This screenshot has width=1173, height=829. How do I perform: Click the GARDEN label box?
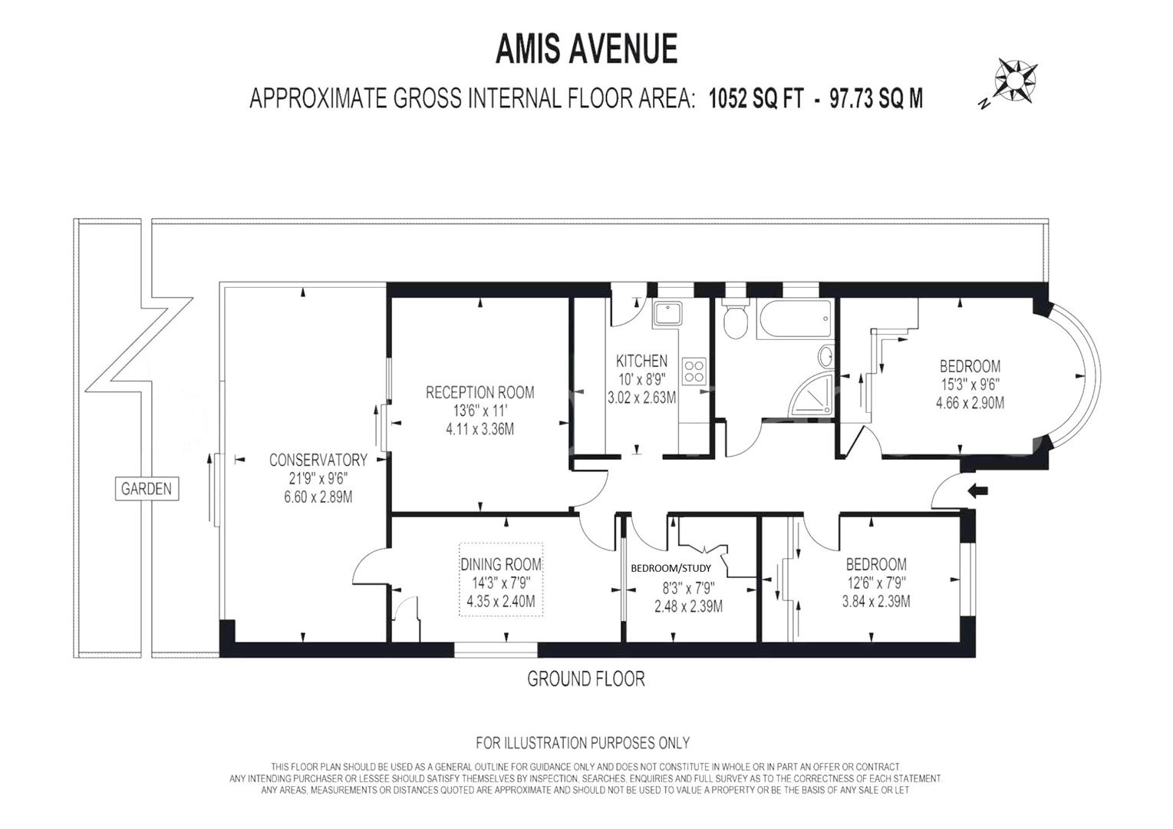pos(147,488)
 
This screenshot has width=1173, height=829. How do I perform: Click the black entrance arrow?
pos(978,490)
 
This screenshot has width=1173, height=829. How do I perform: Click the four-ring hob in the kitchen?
pos(694,371)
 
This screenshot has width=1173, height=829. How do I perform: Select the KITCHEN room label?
pos(641,361)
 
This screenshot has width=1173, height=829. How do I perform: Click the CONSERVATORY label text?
pos(318,460)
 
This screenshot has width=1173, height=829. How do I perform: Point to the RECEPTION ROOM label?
pos(479,392)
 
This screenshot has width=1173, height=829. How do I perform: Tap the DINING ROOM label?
pos(501,565)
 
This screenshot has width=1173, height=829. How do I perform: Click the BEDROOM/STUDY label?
pos(671,569)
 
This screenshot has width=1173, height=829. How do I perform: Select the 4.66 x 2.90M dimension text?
pos(970,402)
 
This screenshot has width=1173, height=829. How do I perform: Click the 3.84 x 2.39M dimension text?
pos(875,601)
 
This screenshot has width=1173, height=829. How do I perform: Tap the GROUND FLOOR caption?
pos(585,679)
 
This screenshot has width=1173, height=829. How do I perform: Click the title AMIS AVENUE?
pos(586,49)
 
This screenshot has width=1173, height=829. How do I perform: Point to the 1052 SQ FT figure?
pos(760,99)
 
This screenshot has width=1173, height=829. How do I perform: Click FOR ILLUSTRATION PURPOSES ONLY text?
pos(582,742)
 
